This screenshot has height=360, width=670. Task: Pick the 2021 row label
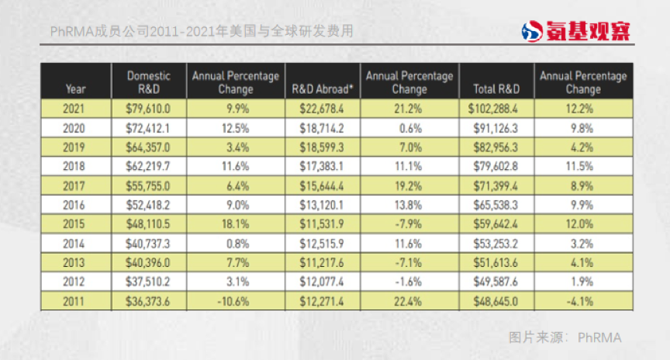tap(76, 109)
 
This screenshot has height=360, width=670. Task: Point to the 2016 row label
tap(76, 205)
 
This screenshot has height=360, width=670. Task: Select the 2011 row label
tap(76, 301)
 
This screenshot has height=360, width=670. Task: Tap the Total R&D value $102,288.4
tap(496, 109)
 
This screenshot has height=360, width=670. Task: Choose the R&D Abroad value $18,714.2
tap(323, 128)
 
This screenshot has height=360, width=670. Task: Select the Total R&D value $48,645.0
tap(496, 301)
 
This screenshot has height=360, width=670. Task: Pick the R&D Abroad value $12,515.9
tap(323, 244)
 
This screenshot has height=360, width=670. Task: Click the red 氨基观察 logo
tap(575, 32)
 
